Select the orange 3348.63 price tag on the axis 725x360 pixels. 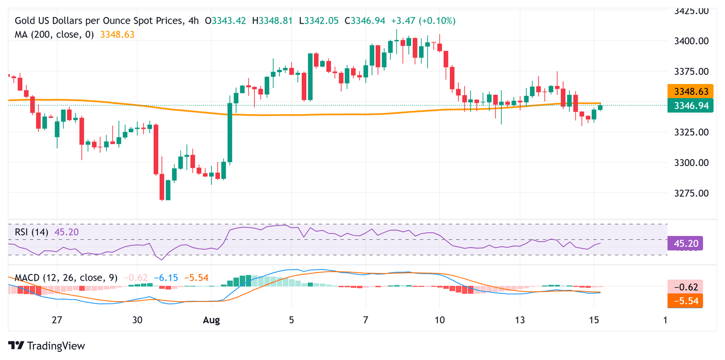click(690, 91)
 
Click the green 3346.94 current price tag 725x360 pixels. click(690, 106)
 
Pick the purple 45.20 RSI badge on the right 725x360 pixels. click(685, 243)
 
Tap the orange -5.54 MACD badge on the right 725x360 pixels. click(685, 300)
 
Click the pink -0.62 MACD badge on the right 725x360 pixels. click(685, 286)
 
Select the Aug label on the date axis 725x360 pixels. click(211, 320)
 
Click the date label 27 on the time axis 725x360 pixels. click(57, 320)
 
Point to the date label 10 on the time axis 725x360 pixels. click(439, 320)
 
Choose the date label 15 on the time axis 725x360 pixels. click(595, 320)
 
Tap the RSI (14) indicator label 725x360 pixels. click(34, 232)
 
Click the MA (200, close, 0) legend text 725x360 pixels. click(54, 34)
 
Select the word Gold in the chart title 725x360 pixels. click(25, 21)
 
